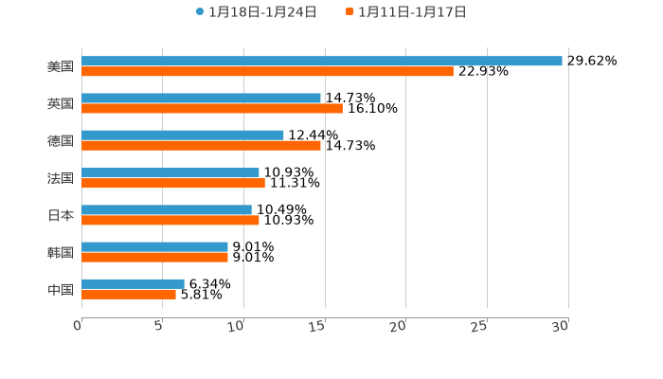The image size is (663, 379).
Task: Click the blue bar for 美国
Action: pos(322,61)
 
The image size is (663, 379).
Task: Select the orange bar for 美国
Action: pos(267,71)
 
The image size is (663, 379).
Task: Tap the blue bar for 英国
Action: pos(201,98)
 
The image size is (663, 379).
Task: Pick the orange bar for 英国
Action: pos(212,108)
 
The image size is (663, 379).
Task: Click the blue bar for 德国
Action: pos(183,135)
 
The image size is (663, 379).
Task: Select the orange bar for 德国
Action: pos(201,145)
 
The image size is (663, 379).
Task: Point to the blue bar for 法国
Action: pos(170,172)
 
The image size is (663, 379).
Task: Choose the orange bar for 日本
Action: pos(170,220)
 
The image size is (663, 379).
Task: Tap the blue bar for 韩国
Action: pos(154,246)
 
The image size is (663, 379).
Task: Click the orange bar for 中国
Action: pos(129,294)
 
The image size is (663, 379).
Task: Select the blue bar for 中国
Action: pos(133,283)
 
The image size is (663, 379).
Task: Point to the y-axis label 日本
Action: pos(61,215)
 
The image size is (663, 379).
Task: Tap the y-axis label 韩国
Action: pos(61,252)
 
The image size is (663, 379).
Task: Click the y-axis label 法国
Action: pos(61,178)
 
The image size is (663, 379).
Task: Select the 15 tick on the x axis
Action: pos(317,326)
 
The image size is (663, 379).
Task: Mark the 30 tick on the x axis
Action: pos(561,326)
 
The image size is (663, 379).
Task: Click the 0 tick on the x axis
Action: pos(78,326)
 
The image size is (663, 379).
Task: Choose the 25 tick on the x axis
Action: pos(479,326)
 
